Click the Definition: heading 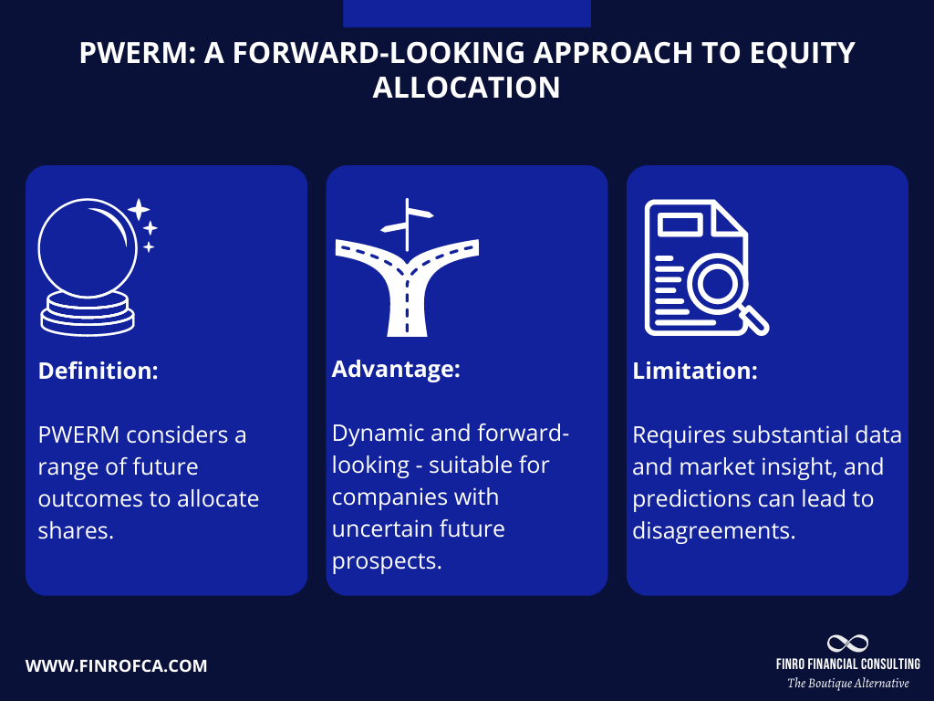(x=98, y=372)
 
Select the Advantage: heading (x=395, y=370)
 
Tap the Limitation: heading (x=694, y=371)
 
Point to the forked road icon (x=407, y=274)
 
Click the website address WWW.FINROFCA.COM (x=116, y=666)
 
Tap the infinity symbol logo (x=847, y=643)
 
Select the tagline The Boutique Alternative (x=847, y=683)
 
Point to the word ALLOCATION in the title (x=466, y=88)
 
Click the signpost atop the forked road (x=408, y=219)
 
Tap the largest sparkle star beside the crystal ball (x=139, y=210)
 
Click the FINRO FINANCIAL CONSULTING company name (x=847, y=664)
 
